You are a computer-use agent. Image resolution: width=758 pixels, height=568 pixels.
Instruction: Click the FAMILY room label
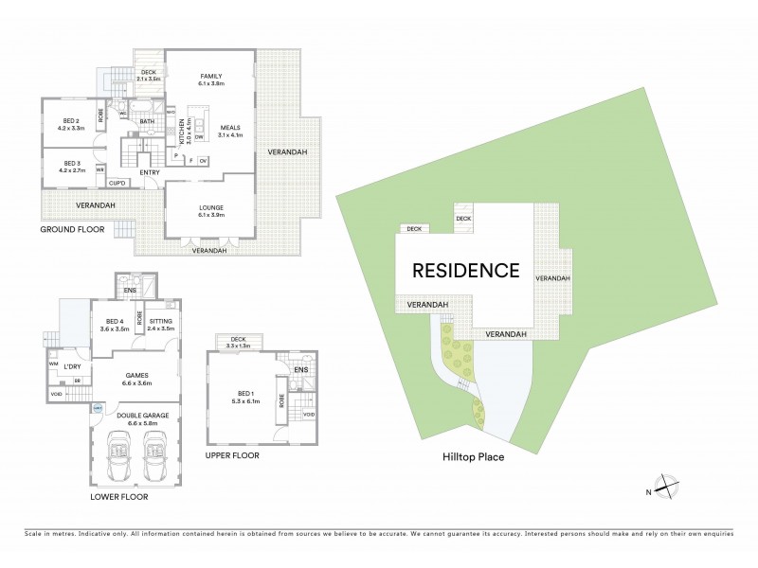tap(210, 76)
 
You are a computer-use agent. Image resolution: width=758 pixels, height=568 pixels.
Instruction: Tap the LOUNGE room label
tap(210, 206)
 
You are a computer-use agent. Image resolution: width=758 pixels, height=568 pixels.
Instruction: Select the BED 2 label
tap(72, 120)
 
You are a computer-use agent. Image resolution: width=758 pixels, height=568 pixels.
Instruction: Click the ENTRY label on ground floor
tap(150, 172)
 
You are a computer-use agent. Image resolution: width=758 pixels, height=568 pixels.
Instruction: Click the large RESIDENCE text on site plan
tap(465, 270)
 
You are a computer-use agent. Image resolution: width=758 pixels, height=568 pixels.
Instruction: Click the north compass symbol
tap(668, 487)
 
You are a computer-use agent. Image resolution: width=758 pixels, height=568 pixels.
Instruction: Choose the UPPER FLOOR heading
tap(232, 454)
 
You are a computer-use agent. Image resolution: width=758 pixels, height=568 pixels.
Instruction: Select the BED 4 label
tap(116, 323)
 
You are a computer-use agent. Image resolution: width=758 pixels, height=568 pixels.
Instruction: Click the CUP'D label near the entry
tap(118, 183)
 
